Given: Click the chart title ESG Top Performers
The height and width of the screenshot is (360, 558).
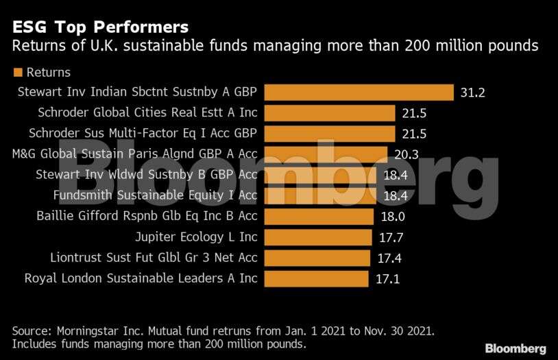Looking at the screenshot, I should pos(100,27).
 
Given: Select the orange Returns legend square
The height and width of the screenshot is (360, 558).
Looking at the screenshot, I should pos(18,72).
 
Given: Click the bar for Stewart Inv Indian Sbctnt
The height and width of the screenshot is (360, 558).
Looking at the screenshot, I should pos(359,92).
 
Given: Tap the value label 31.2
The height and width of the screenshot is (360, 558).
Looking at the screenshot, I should pos(473,92).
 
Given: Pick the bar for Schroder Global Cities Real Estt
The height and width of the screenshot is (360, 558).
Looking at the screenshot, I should pos(330,112).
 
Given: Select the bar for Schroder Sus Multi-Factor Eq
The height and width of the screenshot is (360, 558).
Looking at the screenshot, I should pos(330,133).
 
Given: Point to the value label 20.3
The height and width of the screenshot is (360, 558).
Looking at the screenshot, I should pos(406,154).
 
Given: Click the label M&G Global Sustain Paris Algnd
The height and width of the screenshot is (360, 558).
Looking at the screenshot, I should pos(135,154).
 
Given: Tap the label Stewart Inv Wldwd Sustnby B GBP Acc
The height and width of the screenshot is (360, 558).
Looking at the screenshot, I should pos(147,175).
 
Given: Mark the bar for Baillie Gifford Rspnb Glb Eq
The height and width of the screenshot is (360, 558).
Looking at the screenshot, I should pos(319,217).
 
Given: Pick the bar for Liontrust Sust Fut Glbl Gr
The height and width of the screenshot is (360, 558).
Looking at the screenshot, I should pos(317,258).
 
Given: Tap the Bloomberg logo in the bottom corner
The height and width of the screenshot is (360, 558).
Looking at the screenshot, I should pos(515,348).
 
